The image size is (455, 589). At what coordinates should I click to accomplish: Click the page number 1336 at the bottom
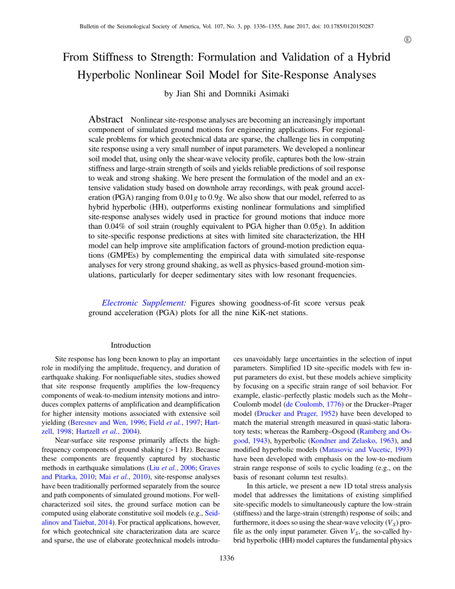click(227, 574)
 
